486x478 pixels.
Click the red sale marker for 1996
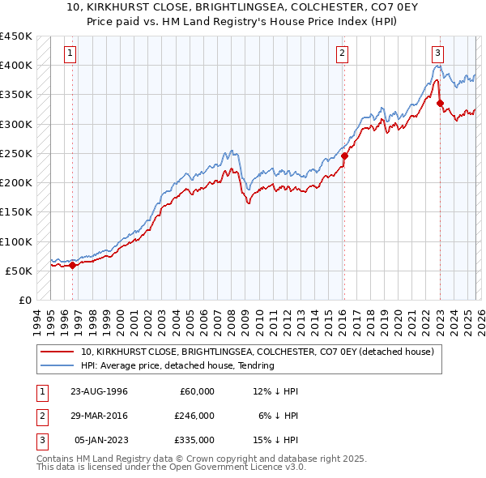click(x=72, y=265)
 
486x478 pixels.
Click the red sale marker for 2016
click(x=344, y=156)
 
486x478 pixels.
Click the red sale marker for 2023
click(x=439, y=103)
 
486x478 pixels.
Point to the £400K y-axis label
click(x=16, y=65)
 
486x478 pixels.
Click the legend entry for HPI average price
click(x=177, y=365)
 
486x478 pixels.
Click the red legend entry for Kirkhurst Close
click(x=258, y=352)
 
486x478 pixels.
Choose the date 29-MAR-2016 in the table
click(x=95, y=416)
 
